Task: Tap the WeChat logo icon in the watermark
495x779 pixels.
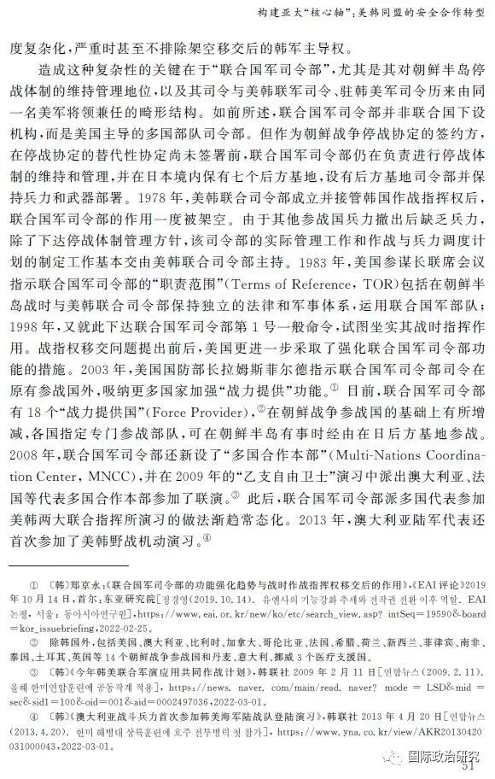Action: coord(391,753)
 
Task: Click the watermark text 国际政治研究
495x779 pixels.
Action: coord(444,753)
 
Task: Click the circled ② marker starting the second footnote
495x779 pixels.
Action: coord(35,638)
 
